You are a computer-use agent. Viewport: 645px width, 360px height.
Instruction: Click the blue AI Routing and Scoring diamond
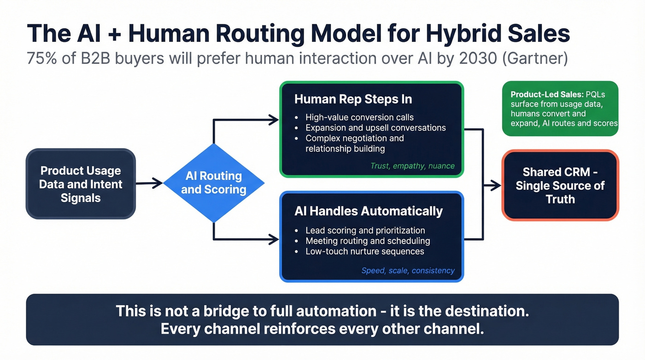tap(213, 183)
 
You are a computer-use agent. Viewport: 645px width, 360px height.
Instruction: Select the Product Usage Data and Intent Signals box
tap(81, 184)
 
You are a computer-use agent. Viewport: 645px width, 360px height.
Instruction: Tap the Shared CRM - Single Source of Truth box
tap(560, 185)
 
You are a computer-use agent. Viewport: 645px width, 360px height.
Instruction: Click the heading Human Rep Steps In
tap(353, 99)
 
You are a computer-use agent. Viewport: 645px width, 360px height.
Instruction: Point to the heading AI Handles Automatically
tap(368, 211)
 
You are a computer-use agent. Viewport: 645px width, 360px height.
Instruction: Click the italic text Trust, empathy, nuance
tap(412, 166)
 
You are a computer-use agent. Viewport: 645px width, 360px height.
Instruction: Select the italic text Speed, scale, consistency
tap(408, 271)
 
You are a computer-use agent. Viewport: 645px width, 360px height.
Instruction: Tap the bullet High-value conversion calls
tap(359, 117)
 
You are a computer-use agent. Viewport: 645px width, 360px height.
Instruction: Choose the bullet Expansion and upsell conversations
tap(375, 128)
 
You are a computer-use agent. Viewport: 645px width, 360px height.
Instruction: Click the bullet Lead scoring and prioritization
tap(365, 230)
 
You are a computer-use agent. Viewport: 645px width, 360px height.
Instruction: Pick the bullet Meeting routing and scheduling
tap(368, 241)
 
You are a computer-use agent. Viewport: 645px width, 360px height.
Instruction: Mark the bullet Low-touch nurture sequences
tap(364, 251)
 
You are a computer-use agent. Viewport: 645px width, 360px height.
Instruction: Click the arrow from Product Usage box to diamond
tap(149, 183)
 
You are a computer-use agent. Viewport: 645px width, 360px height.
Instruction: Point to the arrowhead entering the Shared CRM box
tap(497, 185)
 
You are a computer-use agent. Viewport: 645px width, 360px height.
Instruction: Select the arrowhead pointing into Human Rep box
tap(275, 120)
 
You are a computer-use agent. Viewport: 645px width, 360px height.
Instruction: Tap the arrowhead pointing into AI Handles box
tap(275, 239)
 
